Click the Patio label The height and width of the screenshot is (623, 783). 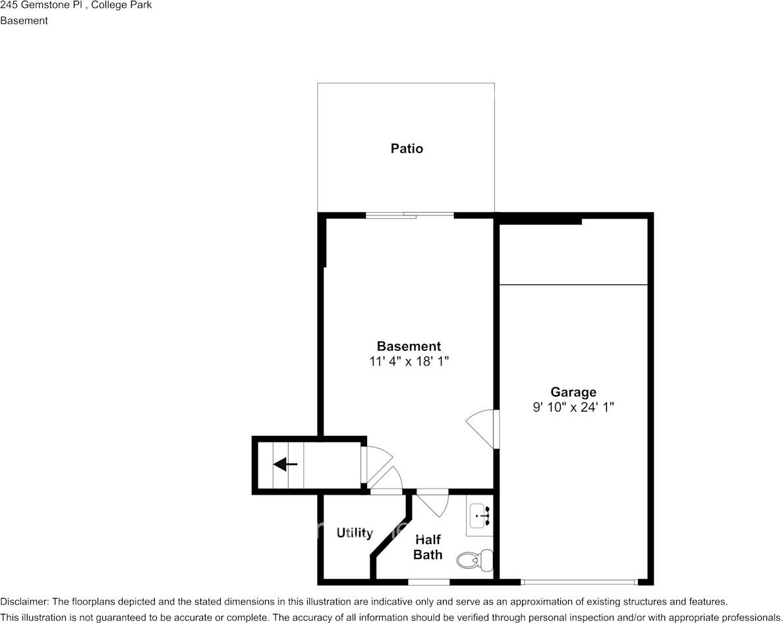point(407,148)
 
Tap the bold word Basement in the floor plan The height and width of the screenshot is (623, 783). point(409,346)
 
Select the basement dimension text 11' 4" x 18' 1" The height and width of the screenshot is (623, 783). point(409,362)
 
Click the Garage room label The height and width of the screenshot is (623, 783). point(573,392)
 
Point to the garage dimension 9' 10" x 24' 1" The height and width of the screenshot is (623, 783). point(573,408)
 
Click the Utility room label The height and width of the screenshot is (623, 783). point(355,533)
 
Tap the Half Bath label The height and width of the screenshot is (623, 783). point(428,547)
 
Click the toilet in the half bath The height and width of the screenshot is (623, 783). point(475,560)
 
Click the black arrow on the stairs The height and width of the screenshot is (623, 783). point(285,464)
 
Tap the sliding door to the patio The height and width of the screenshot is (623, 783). point(410,215)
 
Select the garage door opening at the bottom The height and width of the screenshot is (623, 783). point(579,582)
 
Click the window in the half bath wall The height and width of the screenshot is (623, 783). point(428,582)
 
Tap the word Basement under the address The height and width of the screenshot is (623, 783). point(24,20)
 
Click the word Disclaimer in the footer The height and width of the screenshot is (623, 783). point(24,601)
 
